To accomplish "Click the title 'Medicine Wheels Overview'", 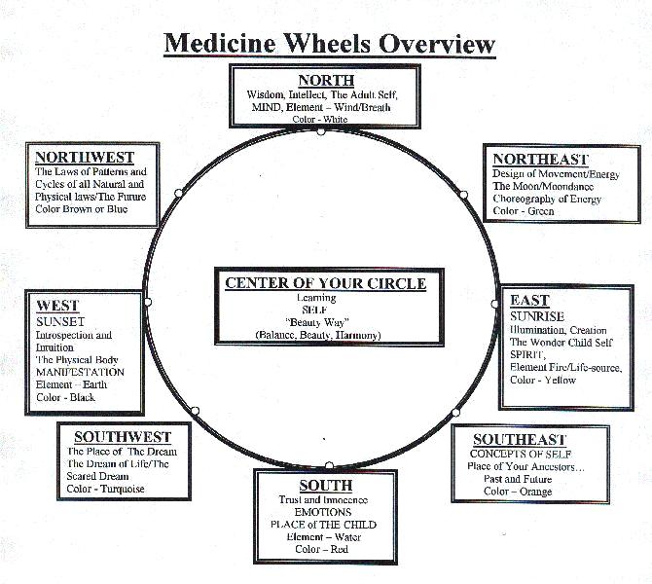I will point(329,43).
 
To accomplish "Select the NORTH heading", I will point(326,80).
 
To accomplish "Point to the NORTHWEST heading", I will point(85,157).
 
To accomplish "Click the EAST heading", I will point(529,301).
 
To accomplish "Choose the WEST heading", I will point(57,305).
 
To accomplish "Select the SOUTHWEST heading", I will point(123,436).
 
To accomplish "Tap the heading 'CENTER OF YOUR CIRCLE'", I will point(325,283).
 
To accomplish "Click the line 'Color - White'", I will point(325,120).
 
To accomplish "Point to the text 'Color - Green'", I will point(524,211).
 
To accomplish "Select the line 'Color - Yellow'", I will point(543,380).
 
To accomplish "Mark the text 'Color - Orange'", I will point(518,492).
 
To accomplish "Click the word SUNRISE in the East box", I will point(537,316).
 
